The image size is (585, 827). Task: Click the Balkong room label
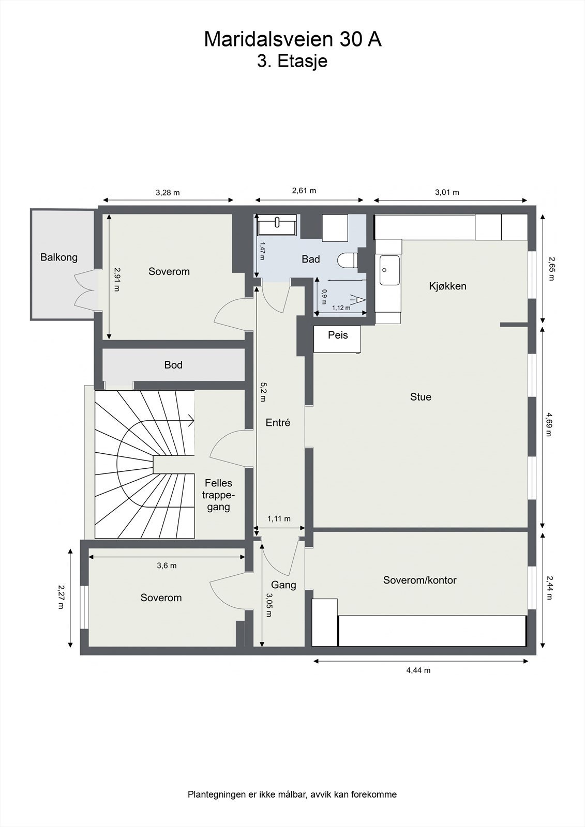(x=59, y=257)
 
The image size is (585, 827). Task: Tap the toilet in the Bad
(x=347, y=260)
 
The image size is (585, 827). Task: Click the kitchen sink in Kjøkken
(x=389, y=270)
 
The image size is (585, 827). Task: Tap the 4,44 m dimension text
(x=418, y=670)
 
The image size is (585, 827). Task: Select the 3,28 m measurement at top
(x=168, y=193)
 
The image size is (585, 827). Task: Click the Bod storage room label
(x=173, y=365)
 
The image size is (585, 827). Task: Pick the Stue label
(x=421, y=397)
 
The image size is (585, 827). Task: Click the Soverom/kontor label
(x=419, y=580)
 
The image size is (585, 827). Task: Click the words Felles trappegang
(x=218, y=495)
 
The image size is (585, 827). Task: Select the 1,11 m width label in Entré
(x=279, y=518)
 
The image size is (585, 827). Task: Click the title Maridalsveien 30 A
(x=293, y=39)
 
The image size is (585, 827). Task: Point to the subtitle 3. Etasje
(x=292, y=61)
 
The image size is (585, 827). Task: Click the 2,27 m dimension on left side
(x=61, y=597)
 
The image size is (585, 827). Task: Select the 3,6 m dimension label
(x=167, y=565)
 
